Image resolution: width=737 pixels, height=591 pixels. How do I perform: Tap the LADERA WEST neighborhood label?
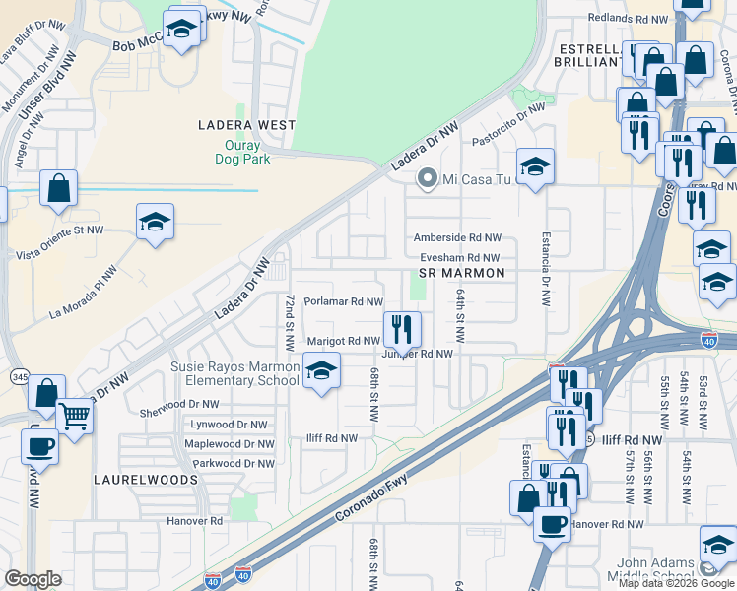[x=246, y=125]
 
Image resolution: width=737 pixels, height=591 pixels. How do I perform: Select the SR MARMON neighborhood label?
[x=461, y=273]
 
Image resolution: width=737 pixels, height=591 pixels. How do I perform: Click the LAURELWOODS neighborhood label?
[x=146, y=480]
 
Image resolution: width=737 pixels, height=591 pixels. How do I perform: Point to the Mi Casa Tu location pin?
[x=427, y=179]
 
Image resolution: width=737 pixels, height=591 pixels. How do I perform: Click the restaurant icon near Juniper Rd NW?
[x=401, y=328]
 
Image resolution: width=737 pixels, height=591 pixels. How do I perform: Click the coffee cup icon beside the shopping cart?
[x=39, y=445]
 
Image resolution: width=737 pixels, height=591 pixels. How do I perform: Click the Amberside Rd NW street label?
[x=457, y=237]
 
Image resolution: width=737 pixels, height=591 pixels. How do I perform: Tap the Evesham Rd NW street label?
[x=457, y=257]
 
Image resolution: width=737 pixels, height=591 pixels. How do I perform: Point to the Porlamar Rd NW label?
[x=343, y=302]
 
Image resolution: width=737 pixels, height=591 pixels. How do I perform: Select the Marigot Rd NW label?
[x=343, y=341]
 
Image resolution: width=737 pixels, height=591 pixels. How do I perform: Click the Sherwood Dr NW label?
[x=179, y=404]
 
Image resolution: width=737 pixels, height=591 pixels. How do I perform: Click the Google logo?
[x=33, y=579]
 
